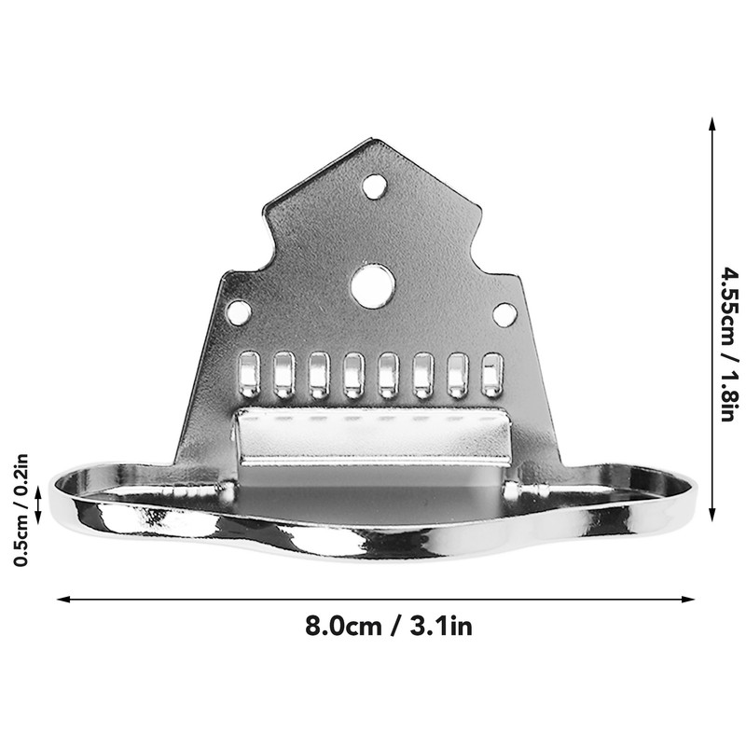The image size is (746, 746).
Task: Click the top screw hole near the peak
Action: (x=375, y=186)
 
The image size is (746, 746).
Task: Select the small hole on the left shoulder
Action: (x=240, y=312)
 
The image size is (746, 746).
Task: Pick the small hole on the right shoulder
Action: (x=504, y=314)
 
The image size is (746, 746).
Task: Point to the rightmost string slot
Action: (x=491, y=374)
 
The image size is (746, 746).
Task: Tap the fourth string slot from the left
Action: (x=353, y=374)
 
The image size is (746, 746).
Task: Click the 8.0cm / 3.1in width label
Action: (x=389, y=627)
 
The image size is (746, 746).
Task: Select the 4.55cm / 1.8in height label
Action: (x=729, y=343)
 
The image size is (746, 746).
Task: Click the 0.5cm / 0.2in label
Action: (x=21, y=509)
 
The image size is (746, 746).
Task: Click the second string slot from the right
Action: (x=457, y=374)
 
